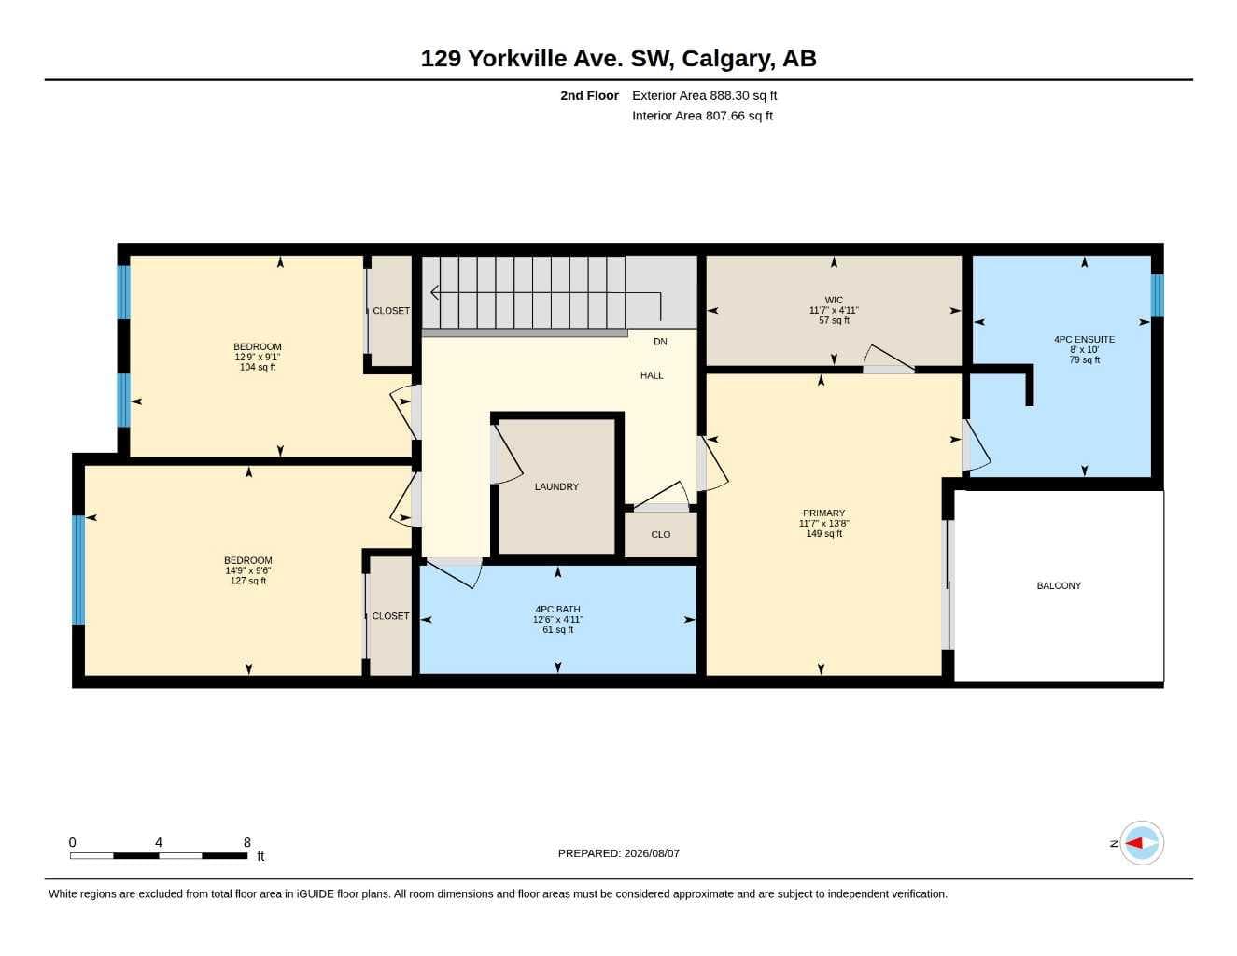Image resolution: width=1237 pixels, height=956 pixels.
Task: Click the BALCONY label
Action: tap(1059, 585)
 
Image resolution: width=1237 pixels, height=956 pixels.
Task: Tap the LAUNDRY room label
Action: tap(556, 486)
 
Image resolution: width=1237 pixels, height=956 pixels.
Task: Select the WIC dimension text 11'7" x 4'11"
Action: tap(834, 310)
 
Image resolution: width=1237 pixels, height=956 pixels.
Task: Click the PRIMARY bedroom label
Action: tap(823, 513)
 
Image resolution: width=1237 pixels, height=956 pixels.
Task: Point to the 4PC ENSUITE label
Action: tap(1084, 339)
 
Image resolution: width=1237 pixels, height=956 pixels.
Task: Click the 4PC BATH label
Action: tap(557, 609)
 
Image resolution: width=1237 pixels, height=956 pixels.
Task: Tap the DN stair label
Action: tap(660, 342)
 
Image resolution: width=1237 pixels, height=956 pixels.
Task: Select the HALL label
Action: tap(652, 375)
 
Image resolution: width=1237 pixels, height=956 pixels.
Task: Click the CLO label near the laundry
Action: tap(660, 534)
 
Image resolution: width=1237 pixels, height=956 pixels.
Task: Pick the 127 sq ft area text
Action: tap(247, 581)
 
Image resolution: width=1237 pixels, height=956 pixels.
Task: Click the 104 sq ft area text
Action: tap(258, 367)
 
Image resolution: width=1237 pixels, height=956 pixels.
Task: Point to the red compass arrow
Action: tap(1133, 843)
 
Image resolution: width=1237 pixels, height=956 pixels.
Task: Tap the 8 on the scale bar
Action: tap(247, 842)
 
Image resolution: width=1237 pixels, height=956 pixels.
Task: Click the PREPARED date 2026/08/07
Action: tap(652, 853)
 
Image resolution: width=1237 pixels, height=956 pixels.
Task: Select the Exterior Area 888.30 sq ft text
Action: tap(704, 95)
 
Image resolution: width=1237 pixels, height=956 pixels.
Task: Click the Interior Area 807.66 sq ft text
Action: tap(702, 116)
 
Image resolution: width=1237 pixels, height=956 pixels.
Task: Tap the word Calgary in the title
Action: tap(728, 59)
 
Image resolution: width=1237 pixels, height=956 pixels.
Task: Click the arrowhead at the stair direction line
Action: tap(434, 292)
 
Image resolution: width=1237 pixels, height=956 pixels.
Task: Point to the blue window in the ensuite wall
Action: tap(1157, 295)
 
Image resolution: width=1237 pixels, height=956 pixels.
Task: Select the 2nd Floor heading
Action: tap(589, 95)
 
